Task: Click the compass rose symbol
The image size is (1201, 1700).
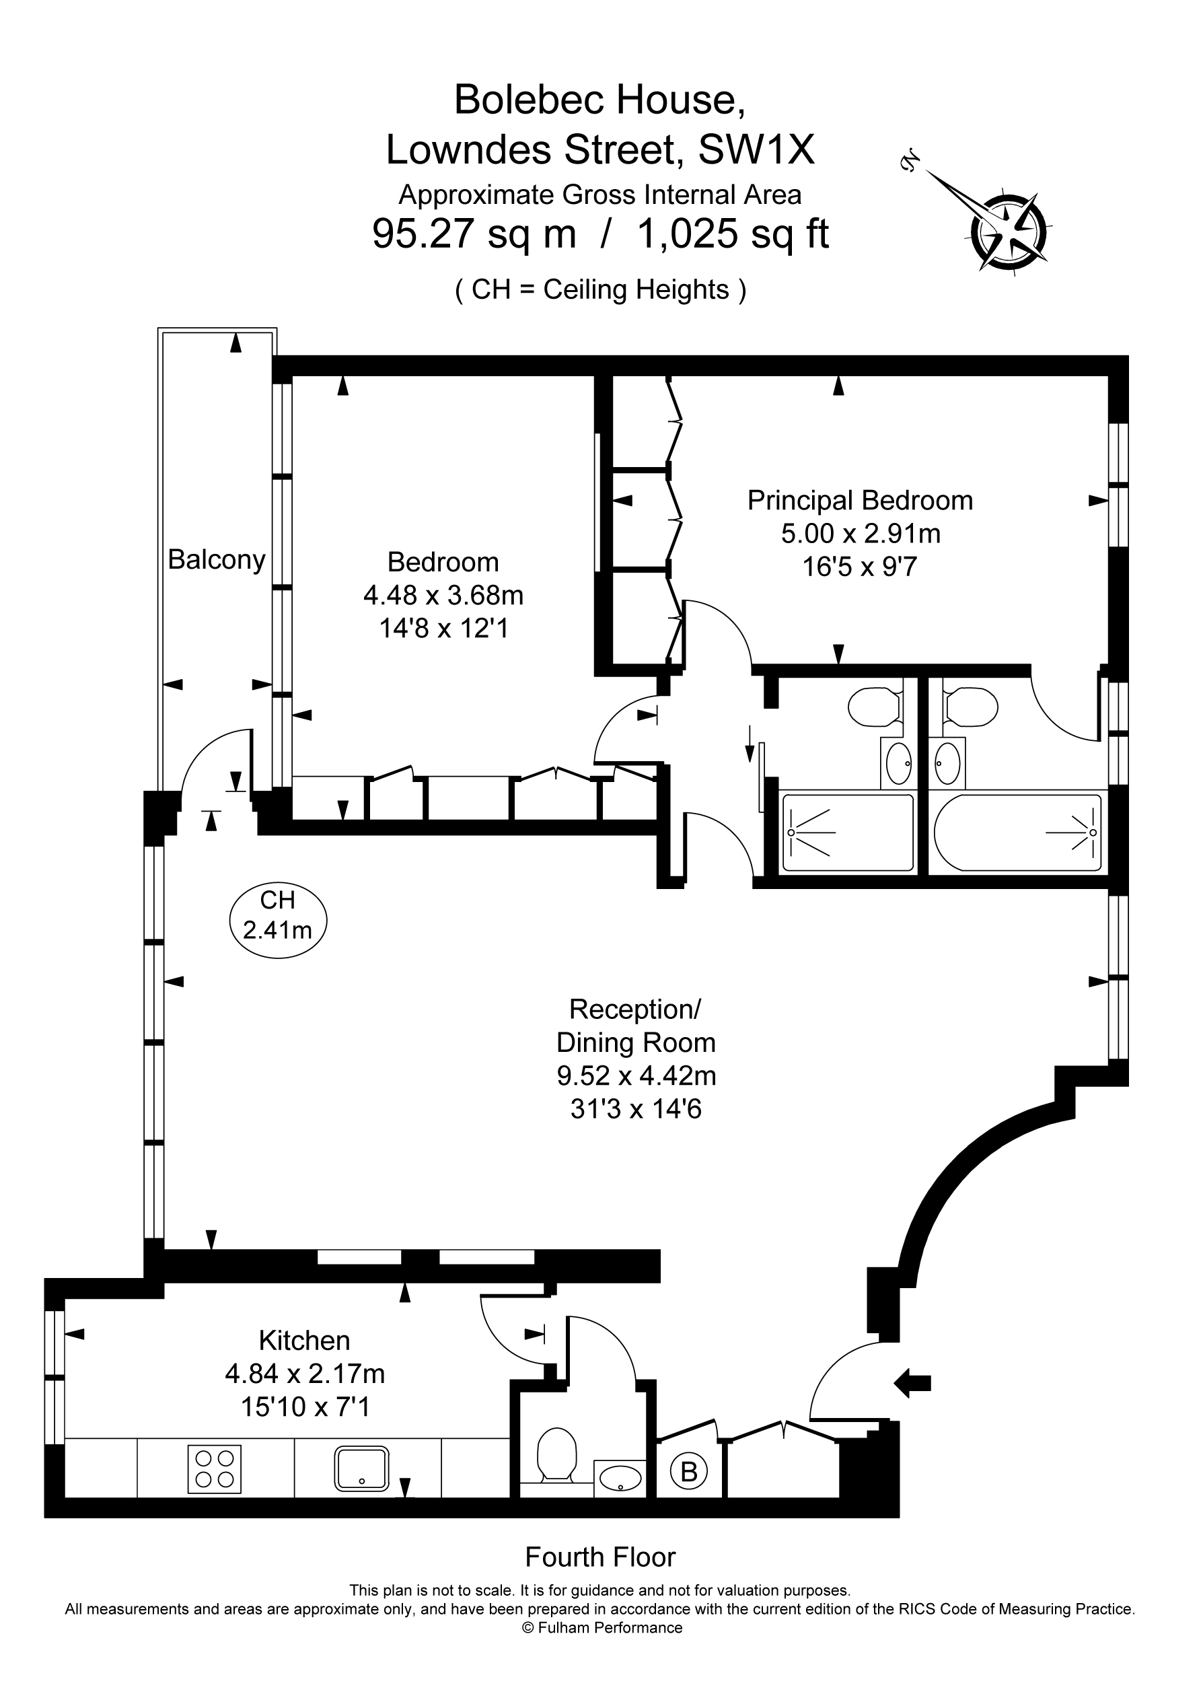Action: [x=1009, y=231]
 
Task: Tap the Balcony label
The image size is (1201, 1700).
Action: [x=217, y=561]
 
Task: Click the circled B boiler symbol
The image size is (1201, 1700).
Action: [x=688, y=1471]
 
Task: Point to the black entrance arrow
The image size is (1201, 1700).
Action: [x=912, y=1382]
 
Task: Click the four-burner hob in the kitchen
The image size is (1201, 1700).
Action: [x=215, y=1469]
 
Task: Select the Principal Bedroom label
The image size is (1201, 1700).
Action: [x=861, y=501]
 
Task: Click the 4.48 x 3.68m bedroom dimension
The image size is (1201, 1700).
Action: [x=443, y=596]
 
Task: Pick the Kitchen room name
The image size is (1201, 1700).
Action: [x=304, y=1340]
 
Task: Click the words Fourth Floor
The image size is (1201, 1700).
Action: [x=600, y=1558]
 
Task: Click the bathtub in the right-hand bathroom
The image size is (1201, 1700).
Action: [x=1018, y=833]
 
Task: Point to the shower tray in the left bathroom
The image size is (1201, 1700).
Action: [x=848, y=833]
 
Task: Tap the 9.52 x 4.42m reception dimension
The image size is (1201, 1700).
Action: [x=636, y=1075]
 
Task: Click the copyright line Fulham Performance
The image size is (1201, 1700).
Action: [x=602, y=1627]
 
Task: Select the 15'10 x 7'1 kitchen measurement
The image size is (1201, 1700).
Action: [x=304, y=1407]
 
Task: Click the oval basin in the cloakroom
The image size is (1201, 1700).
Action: [x=620, y=1477]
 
